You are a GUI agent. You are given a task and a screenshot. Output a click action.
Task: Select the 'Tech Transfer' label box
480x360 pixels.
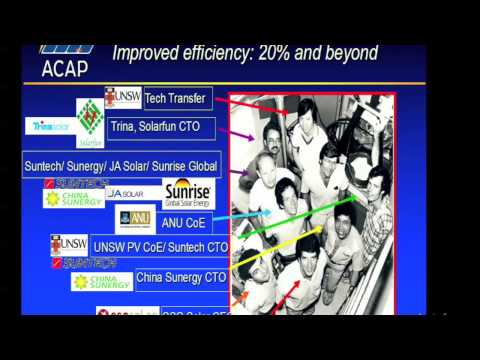pyautogui.click(x=176, y=98)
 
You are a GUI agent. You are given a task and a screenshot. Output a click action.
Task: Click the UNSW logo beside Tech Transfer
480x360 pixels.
pyautogui.click(x=122, y=98)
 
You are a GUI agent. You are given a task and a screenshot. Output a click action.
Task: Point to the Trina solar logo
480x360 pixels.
pyautogui.click(x=50, y=126)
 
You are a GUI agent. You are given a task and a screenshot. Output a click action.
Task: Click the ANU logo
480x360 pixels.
pyautogui.click(x=136, y=219)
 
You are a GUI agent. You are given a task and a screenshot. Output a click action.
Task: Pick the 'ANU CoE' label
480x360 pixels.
pyautogui.click(x=182, y=222)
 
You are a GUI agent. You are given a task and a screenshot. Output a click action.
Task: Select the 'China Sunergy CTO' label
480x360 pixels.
pyautogui.click(x=181, y=277)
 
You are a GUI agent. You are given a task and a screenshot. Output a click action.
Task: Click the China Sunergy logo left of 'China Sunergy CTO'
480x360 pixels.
pyautogui.click(x=101, y=281)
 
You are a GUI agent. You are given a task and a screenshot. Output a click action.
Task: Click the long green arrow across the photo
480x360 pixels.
pyautogui.click(x=300, y=225)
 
